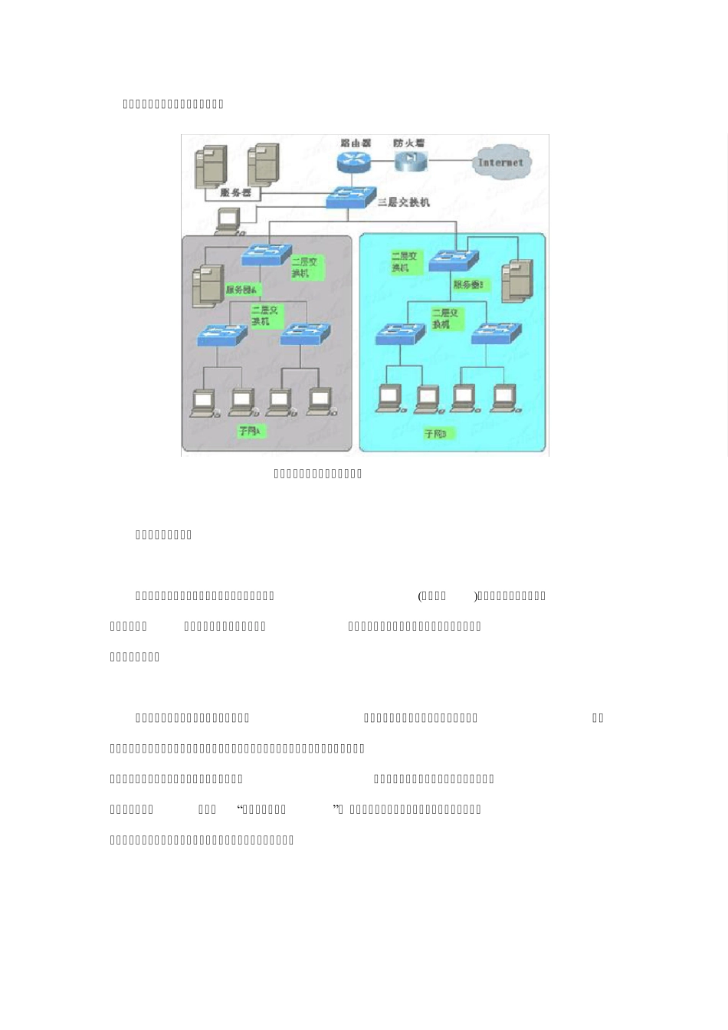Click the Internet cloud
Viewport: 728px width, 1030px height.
(x=500, y=162)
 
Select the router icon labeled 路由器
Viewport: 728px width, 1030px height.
(x=353, y=161)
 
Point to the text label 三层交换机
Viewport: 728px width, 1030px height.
(x=404, y=202)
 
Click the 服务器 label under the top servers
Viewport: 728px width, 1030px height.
(x=236, y=193)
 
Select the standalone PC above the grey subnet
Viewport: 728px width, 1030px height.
(x=228, y=221)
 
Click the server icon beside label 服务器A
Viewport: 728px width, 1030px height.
(x=208, y=285)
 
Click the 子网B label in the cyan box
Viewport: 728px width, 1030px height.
(x=438, y=435)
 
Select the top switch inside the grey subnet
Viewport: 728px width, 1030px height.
(x=266, y=255)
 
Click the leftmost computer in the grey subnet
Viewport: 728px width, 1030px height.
(x=203, y=402)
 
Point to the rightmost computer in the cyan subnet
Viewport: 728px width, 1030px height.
(x=503, y=397)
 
